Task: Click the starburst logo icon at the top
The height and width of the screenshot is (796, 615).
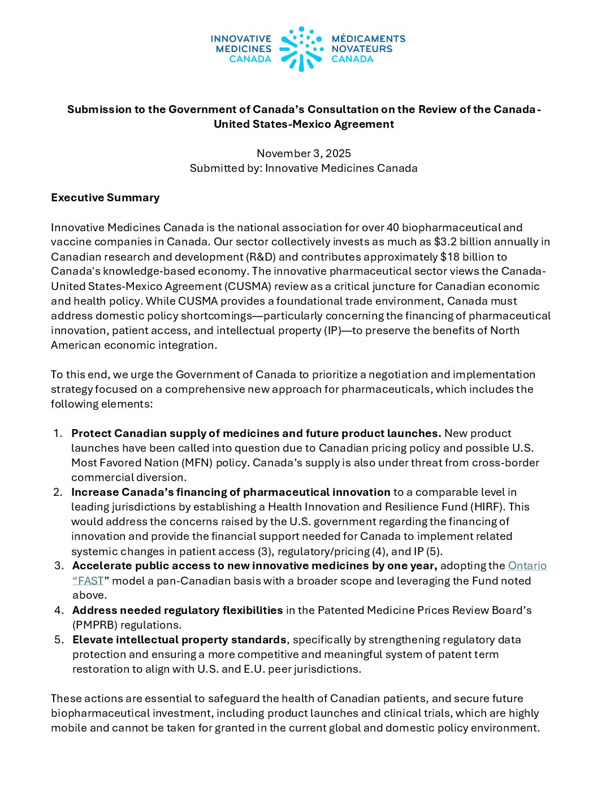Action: [x=301, y=49]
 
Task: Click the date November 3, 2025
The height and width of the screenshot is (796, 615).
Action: [x=304, y=153]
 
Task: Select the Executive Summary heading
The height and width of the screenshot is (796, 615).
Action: [x=105, y=197]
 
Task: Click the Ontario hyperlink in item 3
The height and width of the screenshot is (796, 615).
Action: [x=527, y=565]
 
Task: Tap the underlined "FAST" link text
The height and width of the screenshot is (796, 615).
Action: [x=90, y=581]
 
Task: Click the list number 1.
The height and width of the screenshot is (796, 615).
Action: [x=58, y=433]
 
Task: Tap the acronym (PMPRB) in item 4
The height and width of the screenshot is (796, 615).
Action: [x=96, y=625]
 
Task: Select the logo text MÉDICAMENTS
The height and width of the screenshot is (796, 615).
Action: [x=368, y=38]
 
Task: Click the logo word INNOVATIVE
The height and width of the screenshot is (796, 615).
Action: [x=241, y=38]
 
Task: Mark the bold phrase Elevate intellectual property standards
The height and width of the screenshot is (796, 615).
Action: [x=179, y=639]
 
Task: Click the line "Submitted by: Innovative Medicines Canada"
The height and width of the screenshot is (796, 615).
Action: [x=304, y=168]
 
